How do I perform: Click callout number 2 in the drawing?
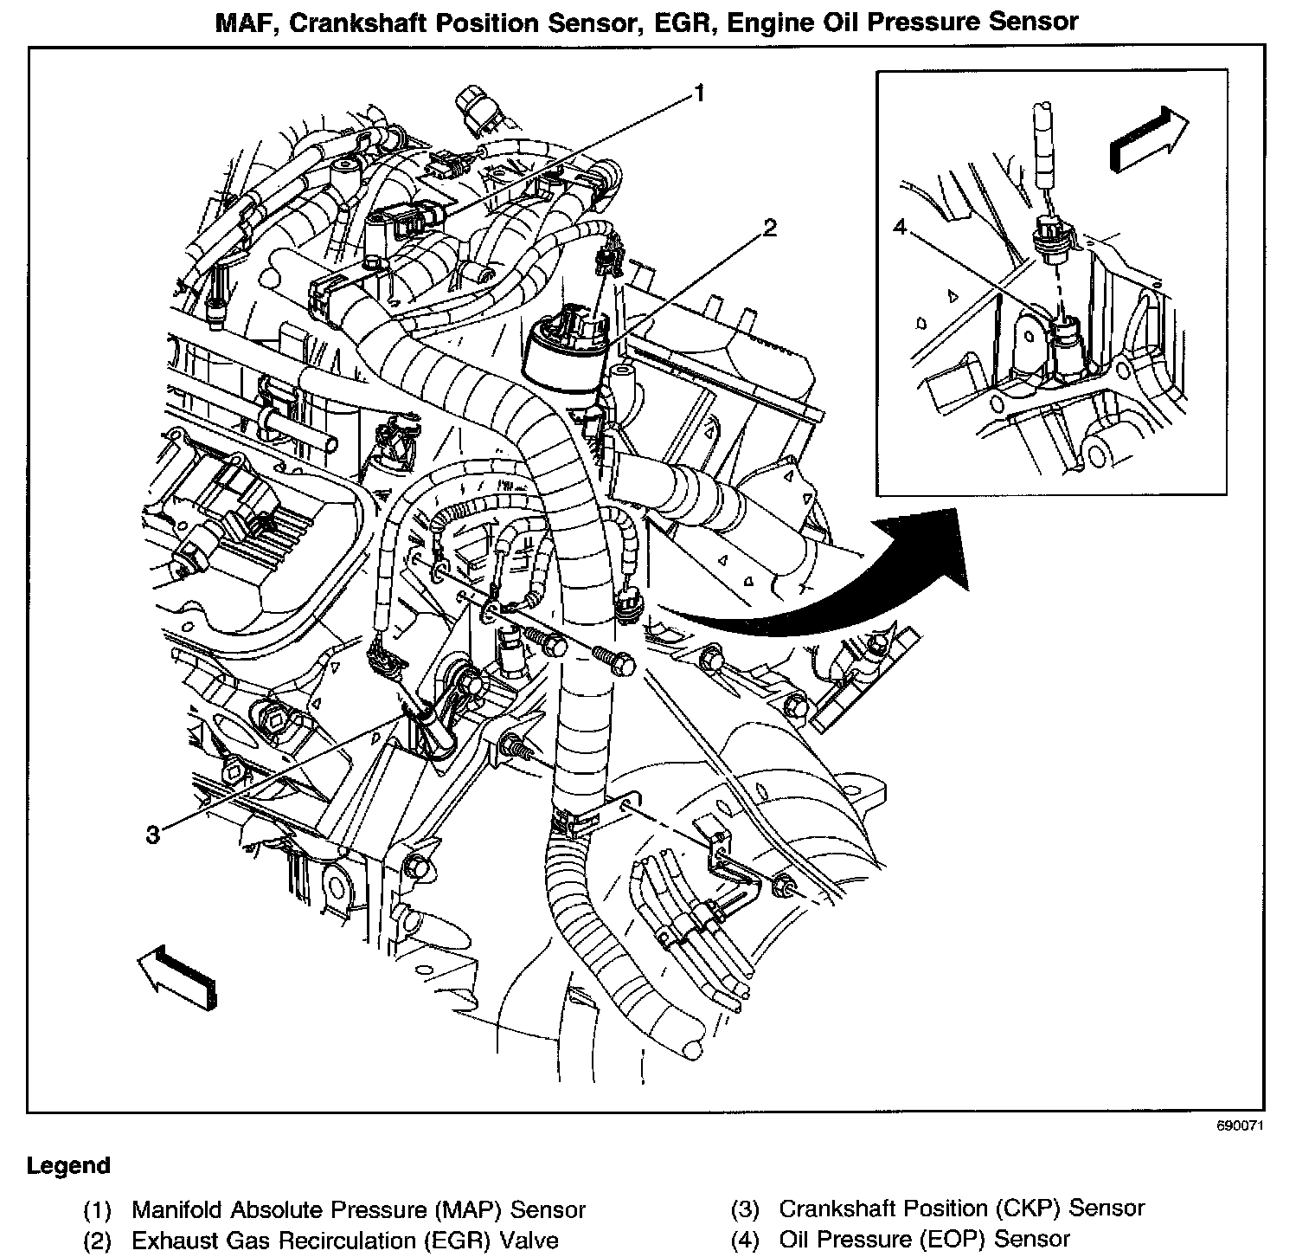[x=769, y=229]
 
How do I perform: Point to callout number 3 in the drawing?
[x=153, y=835]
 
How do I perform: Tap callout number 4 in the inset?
[x=900, y=227]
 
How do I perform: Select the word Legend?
[x=68, y=1165]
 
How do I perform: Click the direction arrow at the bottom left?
[x=176, y=976]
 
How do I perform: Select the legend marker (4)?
[x=746, y=1240]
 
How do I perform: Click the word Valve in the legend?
[x=528, y=1240]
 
